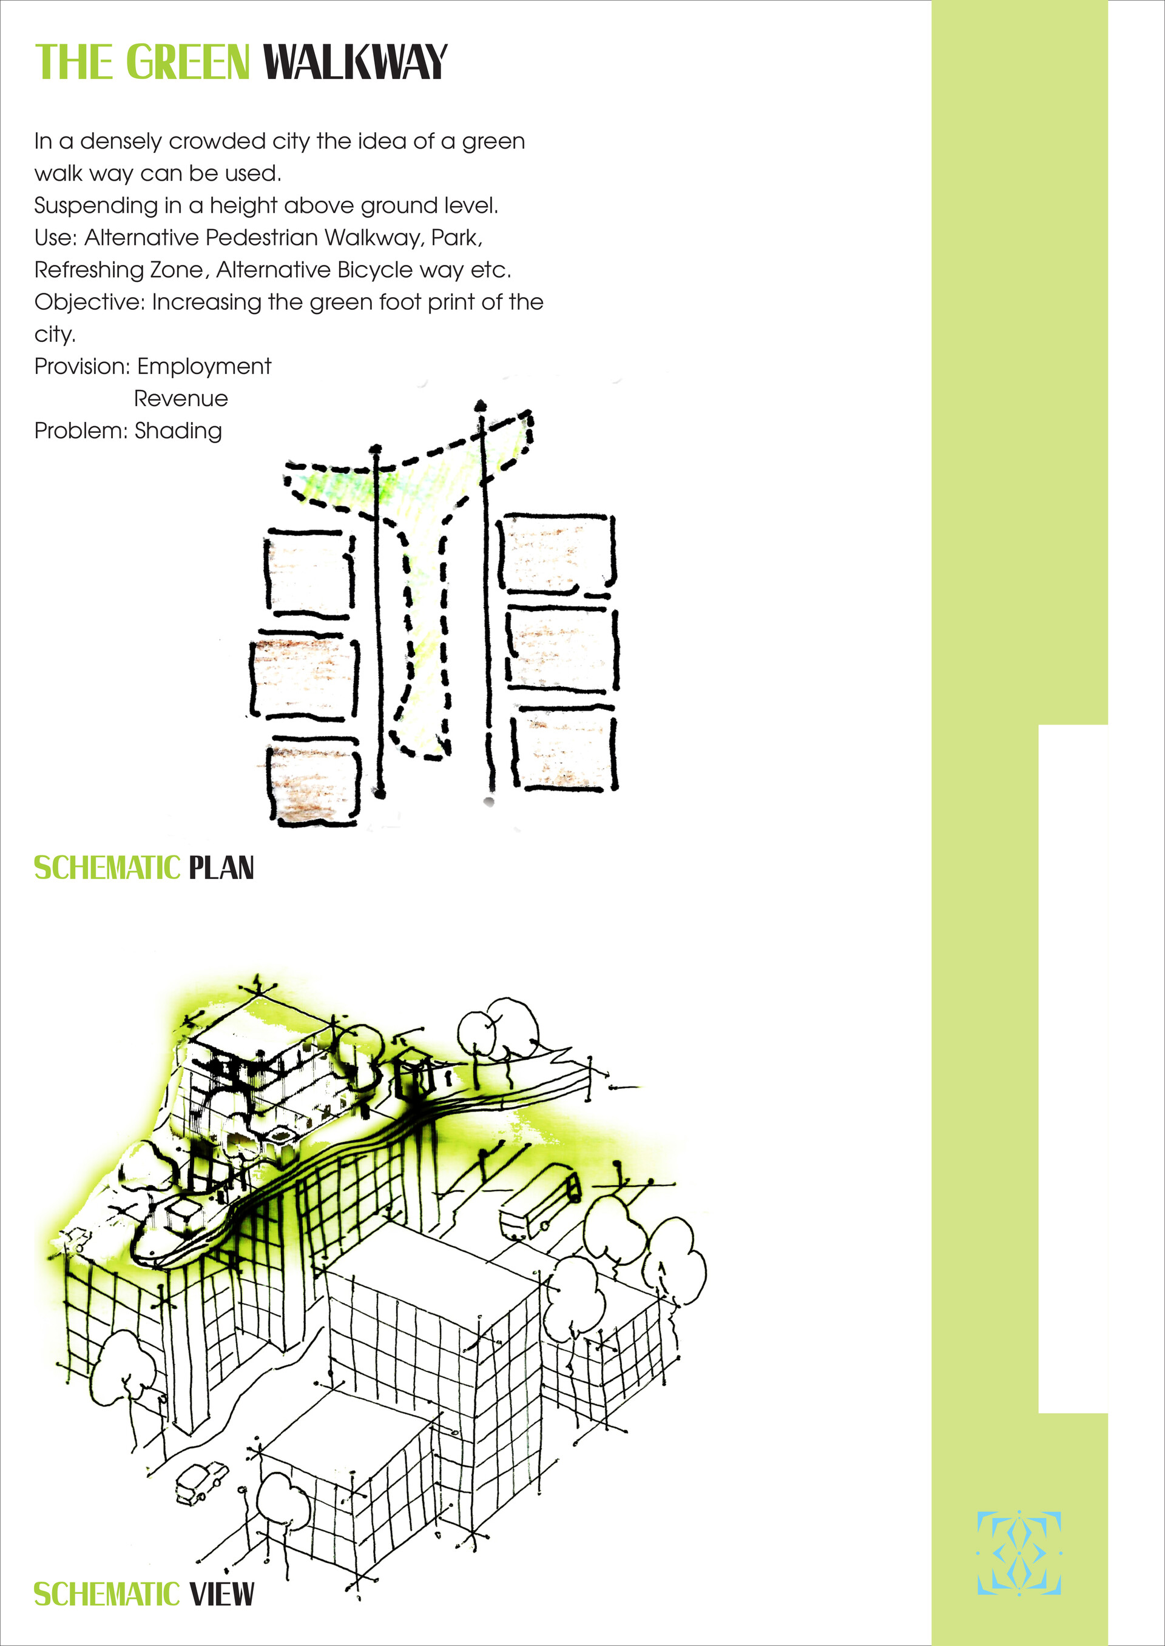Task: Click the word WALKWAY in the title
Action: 355,62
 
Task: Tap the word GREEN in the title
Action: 188,62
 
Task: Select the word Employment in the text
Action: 204,367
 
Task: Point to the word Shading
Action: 178,432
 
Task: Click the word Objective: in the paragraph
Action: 90,303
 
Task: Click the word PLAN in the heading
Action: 221,868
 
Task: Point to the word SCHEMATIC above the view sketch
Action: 107,868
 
